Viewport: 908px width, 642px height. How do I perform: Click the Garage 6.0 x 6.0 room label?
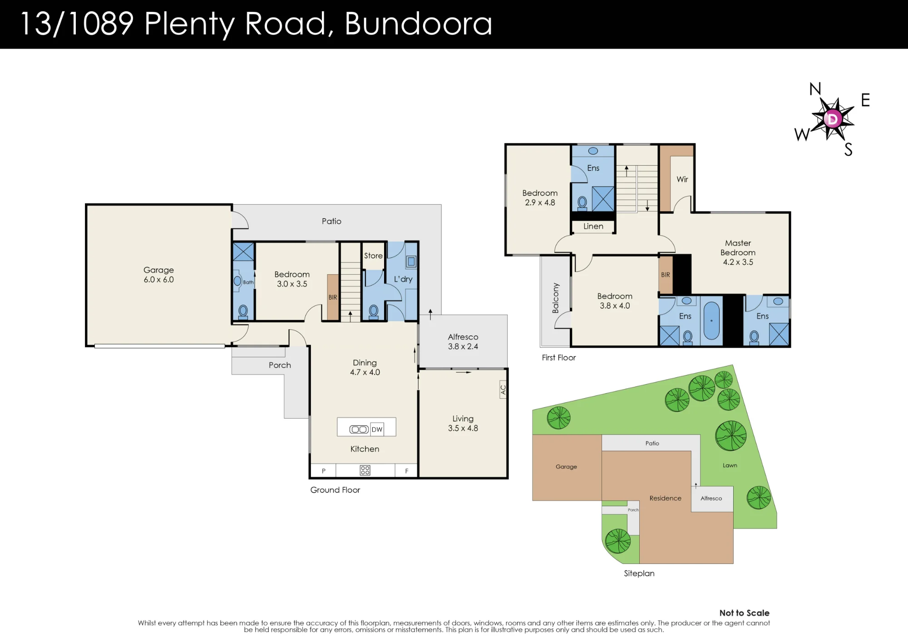point(158,275)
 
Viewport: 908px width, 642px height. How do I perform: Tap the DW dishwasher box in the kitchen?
point(377,430)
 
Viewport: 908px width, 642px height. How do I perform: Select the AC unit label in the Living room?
point(503,390)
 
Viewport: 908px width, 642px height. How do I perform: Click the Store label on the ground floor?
point(373,256)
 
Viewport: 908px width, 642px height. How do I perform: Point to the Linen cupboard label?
point(593,226)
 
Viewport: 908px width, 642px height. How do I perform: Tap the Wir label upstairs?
point(682,179)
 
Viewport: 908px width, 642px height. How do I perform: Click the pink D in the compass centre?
point(833,119)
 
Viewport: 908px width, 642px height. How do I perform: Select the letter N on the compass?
point(815,89)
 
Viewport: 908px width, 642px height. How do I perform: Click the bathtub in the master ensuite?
point(711,321)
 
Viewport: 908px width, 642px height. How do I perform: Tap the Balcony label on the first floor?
point(556,298)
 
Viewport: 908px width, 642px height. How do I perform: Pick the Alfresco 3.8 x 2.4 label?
point(463,341)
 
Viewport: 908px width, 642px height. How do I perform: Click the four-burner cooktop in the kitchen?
point(365,470)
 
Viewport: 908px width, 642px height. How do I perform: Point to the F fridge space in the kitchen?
point(407,471)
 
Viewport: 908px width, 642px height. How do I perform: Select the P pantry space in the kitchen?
point(324,471)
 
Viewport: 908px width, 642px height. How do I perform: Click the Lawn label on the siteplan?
point(730,465)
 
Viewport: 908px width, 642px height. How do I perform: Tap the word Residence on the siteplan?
point(666,498)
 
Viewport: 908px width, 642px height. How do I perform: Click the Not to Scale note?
point(745,613)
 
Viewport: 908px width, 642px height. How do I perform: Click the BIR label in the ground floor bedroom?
point(333,297)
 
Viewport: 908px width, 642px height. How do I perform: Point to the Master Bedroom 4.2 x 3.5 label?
point(738,252)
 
